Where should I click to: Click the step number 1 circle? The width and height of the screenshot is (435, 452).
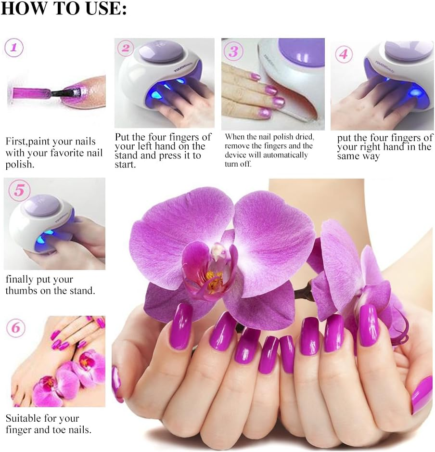(x=14, y=48)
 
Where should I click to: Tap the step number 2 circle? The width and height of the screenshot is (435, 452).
(x=126, y=48)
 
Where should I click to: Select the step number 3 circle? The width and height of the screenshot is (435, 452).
(x=233, y=51)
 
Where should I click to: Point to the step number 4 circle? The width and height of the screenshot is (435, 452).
(x=343, y=53)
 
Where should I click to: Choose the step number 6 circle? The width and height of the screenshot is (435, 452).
(x=16, y=328)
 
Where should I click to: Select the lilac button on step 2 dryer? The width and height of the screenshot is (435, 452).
(x=161, y=51)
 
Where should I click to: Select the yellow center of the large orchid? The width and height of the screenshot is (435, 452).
(x=212, y=276)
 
